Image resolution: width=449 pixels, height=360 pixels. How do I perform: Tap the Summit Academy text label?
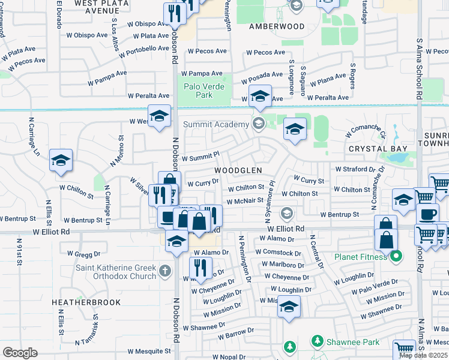point(216,124)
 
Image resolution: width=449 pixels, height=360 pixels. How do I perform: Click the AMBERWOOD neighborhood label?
point(277,27)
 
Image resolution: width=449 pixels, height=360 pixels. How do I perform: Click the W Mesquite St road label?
point(149,351)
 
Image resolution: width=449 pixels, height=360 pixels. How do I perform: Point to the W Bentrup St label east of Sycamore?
point(339,214)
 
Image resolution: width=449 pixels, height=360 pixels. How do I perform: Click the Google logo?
point(20,352)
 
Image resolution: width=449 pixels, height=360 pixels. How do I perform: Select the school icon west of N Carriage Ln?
point(61,160)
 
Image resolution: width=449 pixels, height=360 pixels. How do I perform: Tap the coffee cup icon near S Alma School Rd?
point(427,214)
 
